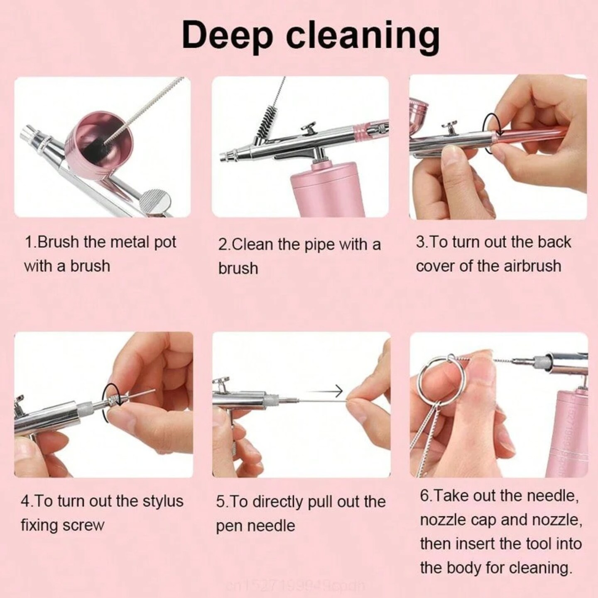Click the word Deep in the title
[227, 35]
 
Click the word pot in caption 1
[165, 242]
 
